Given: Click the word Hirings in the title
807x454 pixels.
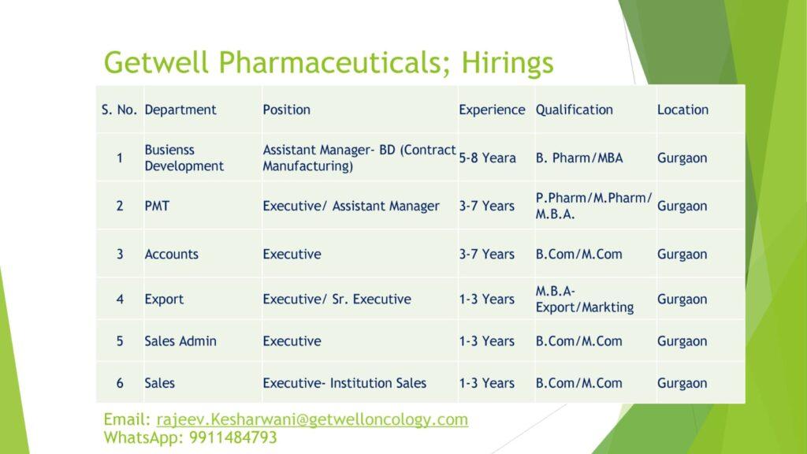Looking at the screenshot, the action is (x=507, y=63).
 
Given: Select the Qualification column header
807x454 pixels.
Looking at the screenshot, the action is (x=574, y=110).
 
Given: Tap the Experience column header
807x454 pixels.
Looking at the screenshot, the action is (x=492, y=110).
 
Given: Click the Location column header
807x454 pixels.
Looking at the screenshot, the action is (x=682, y=110).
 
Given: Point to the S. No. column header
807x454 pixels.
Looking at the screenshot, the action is (x=119, y=110).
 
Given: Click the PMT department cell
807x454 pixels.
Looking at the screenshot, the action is (x=157, y=206).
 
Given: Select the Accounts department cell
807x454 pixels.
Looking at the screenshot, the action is (x=171, y=255).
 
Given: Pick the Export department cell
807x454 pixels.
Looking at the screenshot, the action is (x=164, y=300).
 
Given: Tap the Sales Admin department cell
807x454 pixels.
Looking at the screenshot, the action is (x=180, y=341).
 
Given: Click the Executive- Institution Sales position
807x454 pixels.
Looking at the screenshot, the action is (x=344, y=384).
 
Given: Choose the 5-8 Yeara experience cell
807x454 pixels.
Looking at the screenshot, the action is (x=487, y=158).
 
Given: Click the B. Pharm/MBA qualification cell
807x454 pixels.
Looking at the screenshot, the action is (x=579, y=158).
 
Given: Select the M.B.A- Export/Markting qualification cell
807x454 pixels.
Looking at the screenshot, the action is (x=584, y=300).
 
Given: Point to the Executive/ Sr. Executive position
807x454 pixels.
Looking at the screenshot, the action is (x=337, y=300).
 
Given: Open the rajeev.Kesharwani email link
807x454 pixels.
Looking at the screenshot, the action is (x=312, y=419).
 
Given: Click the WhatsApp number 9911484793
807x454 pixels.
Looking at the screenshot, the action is (x=232, y=437).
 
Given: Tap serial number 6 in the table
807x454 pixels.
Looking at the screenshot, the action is (x=120, y=384).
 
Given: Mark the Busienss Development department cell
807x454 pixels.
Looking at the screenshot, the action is (x=184, y=158).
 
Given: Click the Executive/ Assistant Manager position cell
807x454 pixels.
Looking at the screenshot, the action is (x=351, y=207).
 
